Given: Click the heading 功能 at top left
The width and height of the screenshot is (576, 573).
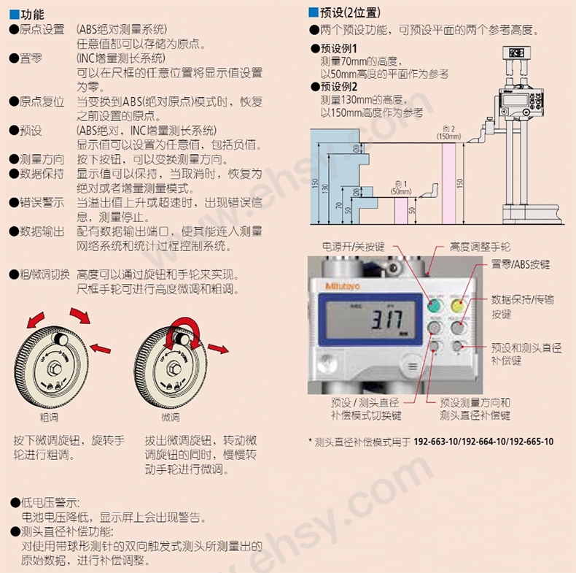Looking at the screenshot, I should click(32, 15).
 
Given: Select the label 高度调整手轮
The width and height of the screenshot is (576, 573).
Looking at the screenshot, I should click(479, 247).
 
